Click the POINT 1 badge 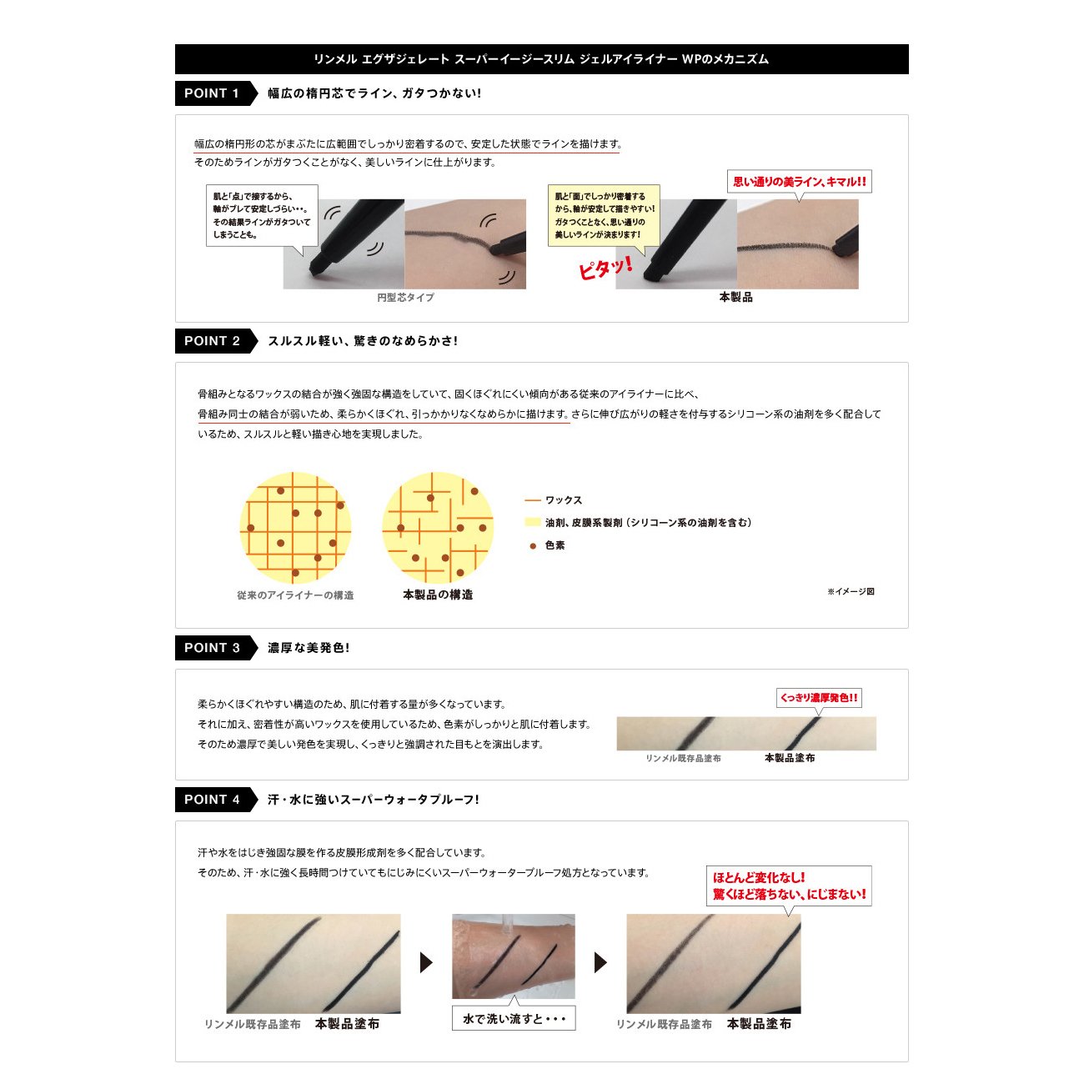coord(216,93)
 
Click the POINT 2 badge coord(216,341)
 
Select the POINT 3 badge coord(216,647)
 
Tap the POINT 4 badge coord(216,800)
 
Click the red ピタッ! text coord(605,267)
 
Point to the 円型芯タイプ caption coord(405,297)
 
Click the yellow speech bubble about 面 coord(604,215)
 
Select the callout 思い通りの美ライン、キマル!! coord(799,182)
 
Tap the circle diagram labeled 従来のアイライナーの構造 coord(295,528)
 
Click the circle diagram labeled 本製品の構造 coord(438,528)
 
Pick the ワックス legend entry coord(553,500)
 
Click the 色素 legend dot coord(533,545)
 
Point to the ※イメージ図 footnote coord(851,591)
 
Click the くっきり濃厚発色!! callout coord(819,698)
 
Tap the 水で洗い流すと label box coord(514,1019)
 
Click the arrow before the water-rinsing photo coord(426,962)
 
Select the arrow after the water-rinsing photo coord(600,962)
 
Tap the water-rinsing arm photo coord(514,956)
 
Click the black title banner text coord(541,59)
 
